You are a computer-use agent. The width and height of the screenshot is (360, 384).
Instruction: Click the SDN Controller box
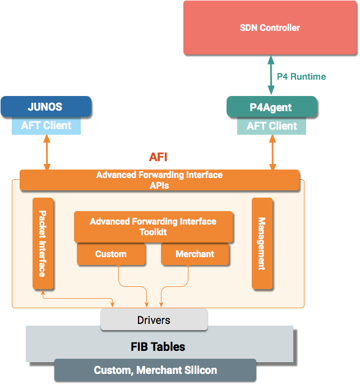click(270, 28)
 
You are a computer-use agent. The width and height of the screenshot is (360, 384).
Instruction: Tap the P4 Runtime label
click(301, 76)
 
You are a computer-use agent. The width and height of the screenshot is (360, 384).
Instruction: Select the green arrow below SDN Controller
click(271, 75)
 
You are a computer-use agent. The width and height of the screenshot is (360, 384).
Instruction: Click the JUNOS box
click(45, 106)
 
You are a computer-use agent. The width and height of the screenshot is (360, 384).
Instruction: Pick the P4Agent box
click(271, 106)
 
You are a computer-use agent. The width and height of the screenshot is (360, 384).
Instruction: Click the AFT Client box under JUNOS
click(47, 126)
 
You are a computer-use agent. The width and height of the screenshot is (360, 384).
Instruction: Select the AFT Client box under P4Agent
click(272, 126)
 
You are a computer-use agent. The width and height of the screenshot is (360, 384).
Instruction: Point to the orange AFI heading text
click(158, 157)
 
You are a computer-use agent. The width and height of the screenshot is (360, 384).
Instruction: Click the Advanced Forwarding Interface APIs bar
click(159, 180)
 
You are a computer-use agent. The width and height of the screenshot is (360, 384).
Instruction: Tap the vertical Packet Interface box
click(43, 243)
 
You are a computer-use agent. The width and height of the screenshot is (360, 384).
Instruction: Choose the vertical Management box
click(262, 243)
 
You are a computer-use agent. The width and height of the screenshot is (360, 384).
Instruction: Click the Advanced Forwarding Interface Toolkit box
click(153, 226)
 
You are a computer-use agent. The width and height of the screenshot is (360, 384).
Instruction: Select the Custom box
click(111, 254)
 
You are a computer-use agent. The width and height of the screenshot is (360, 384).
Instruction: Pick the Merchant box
click(195, 254)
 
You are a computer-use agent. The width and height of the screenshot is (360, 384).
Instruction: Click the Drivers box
click(154, 320)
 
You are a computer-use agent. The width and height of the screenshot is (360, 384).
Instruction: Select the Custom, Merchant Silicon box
click(155, 371)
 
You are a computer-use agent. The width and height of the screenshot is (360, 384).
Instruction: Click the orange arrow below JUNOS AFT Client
click(47, 152)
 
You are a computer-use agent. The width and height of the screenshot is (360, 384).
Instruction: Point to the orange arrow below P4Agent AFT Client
click(273, 152)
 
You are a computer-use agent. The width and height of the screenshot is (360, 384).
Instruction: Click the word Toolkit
click(153, 232)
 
